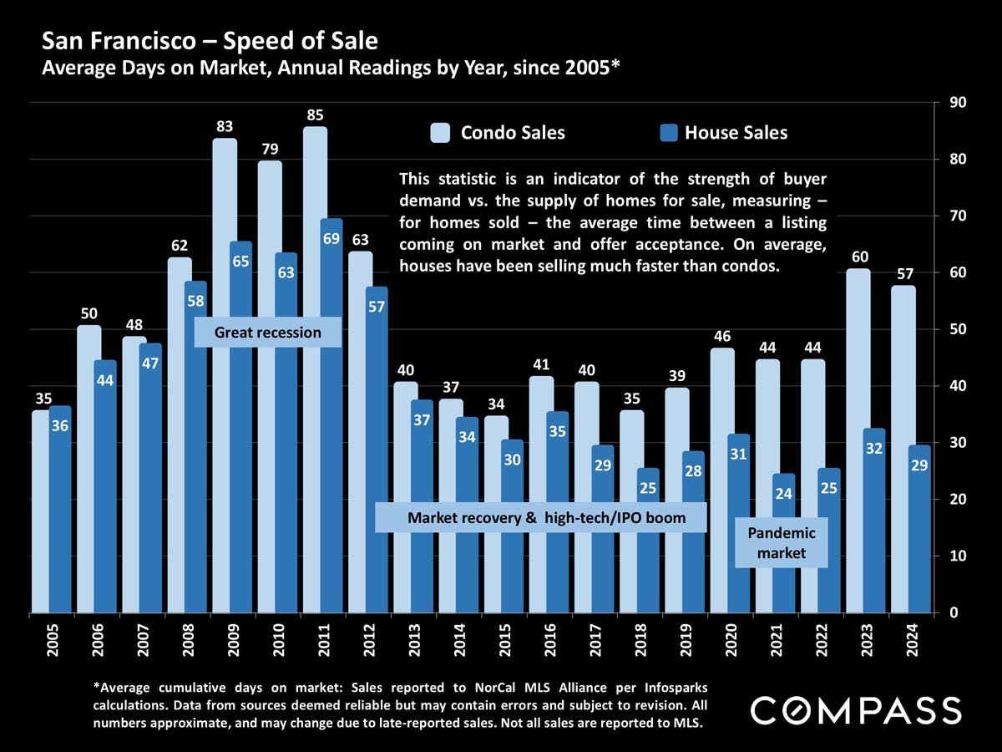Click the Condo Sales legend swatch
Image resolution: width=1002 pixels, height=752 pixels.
[x=440, y=133]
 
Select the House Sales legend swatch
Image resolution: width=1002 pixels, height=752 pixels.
[x=668, y=133]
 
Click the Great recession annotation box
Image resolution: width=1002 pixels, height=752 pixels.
[x=268, y=333]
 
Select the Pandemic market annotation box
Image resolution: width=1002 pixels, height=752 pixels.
[x=782, y=542]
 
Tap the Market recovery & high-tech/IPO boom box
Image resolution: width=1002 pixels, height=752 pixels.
[x=541, y=518]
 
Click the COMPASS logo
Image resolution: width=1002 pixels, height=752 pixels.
[x=856, y=711]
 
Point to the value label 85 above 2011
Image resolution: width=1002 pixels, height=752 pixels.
[x=315, y=114]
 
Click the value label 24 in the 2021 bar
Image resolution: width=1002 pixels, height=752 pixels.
[x=783, y=494]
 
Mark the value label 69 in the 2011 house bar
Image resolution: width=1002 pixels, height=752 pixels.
[x=331, y=240]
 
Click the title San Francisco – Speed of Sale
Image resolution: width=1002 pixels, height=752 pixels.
[x=210, y=40]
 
